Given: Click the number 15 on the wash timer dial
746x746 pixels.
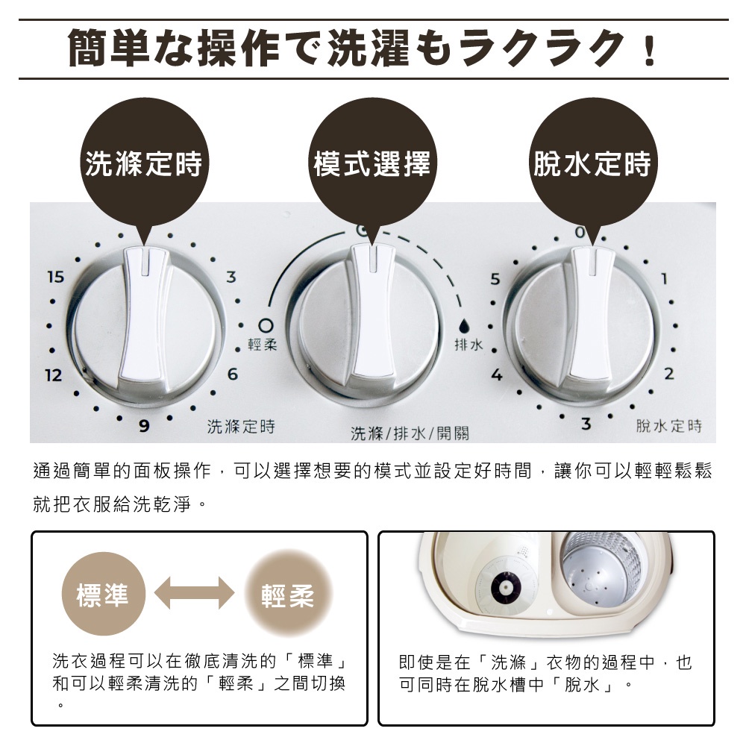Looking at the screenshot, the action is coord(56,277).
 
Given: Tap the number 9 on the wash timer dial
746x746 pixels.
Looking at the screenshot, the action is coord(144,425).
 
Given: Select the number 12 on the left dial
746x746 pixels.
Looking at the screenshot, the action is coord(54,375).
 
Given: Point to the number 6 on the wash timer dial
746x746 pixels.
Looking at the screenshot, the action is coord(232,374).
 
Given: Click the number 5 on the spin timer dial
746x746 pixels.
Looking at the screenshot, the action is coord(495,279).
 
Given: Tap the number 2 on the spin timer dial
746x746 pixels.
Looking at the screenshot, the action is coord(669,374).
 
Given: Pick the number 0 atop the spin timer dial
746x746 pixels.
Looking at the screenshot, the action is coord(580,233).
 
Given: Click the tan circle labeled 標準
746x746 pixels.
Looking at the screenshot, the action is coord(103,595).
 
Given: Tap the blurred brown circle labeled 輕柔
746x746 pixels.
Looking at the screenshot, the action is coord(288,595).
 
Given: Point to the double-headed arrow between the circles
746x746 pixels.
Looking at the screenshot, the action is coord(195,593).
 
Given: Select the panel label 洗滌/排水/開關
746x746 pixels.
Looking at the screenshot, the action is coord(410,433).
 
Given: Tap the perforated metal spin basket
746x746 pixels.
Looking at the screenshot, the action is coord(601,571).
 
